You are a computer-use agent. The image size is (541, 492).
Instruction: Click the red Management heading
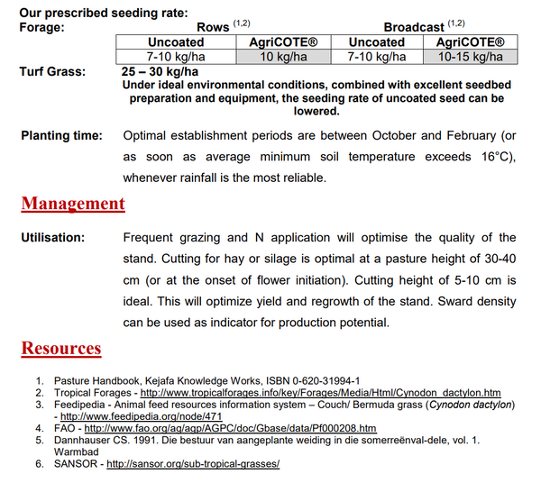(73, 203)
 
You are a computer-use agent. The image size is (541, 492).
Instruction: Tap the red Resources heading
(61, 348)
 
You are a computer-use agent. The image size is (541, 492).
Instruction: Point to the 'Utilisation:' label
(52, 238)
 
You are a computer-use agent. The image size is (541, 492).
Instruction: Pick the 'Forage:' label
(42, 28)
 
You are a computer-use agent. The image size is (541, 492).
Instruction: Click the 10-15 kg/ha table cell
(470, 57)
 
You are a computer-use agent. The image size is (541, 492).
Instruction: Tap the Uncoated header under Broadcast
(377, 42)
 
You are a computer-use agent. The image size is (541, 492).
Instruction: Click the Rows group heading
(214, 28)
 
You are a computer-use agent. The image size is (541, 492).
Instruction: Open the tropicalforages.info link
(333, 393)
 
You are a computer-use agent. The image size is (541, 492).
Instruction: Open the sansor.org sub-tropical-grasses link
(193, 463)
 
